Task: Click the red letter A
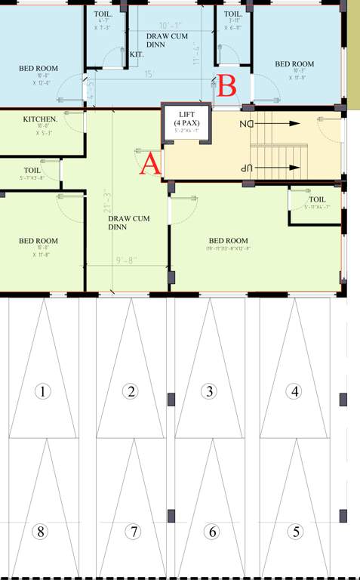[x=149, y=162]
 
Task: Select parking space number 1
[x=43, y=391]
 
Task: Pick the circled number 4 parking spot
[x=295, y=391]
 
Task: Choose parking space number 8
[x=42, y=532]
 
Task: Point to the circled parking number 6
[x=212, y=532]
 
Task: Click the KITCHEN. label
[x=41, y=119]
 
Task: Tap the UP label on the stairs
[x=245, y=168]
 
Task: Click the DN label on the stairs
[x=246, y=123]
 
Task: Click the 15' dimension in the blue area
[x=149, y=74]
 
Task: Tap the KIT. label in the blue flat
[x=137, y=54]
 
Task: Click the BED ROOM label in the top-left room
[x=38, y=69]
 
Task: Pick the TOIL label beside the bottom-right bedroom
[x=317, y=199]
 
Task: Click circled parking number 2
[x=131, y=391]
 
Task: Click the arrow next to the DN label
[x=283, y=123]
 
